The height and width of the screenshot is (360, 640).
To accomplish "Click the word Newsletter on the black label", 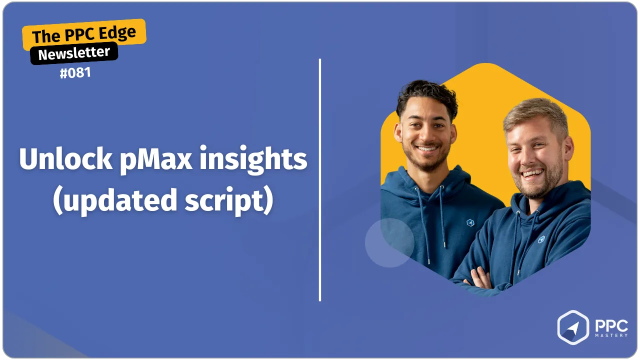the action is pyautogui.click(x=74, y=53).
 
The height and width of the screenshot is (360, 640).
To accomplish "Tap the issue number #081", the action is pyautogui.click(x=75, y=73).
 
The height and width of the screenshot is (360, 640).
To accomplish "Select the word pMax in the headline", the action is pyautogui.click(x=155, y=159).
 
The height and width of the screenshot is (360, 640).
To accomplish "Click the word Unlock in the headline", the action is pyautogui.click(x=65, y=158).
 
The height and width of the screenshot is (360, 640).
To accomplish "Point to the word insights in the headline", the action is pyautogui.click(x=253, y=159).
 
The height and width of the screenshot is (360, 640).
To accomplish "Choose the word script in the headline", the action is pyautogui.click(x=229, y=200).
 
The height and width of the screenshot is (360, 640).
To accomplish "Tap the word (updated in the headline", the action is pyautogui.click(x=115, y=200).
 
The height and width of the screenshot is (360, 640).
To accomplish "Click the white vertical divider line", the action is pyautogui.click(x=319, y=180).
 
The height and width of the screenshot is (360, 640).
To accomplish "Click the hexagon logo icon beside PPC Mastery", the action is pyautogui.click(x=573, y=327).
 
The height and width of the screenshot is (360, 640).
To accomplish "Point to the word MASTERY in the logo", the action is pyautogui.click(x=611, y=335).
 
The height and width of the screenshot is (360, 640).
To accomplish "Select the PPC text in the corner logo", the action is pyautogui.click(x=611, y=325).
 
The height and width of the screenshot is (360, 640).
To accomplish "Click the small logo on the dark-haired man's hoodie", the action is pyautogui.click(x=470, y=222).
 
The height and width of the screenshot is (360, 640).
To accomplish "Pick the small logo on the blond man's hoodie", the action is pyautogui.click(x=541, y=239).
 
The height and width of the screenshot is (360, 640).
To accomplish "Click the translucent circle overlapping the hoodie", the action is pyautogui.click(x=389, y=243).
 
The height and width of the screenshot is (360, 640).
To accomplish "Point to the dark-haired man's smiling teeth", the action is pyautogui.click(x=426, y=148).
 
